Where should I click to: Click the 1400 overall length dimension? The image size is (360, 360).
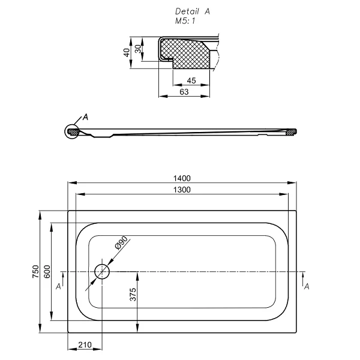coord(182,178)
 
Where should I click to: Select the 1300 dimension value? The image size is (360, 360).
coord(182,190)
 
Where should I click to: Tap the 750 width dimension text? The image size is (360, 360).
coord(36,272)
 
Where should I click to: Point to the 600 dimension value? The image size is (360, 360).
coord(47,272)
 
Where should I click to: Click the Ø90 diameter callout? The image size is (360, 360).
coord(119,245)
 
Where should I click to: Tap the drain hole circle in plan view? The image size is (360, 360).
coord(102,271)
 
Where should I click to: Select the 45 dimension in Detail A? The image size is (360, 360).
coord(192,80)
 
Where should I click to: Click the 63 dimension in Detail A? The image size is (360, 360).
coord(184,92)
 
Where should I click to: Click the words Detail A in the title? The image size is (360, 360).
coord(192,11)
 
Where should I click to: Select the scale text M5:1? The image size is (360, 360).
coord(185,20)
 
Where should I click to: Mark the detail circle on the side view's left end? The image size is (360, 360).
coord(73,131)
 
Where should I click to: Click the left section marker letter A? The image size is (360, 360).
coord(58,287)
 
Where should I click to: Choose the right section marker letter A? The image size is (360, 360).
coord(307,287)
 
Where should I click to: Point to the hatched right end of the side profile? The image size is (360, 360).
coord(292,131)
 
